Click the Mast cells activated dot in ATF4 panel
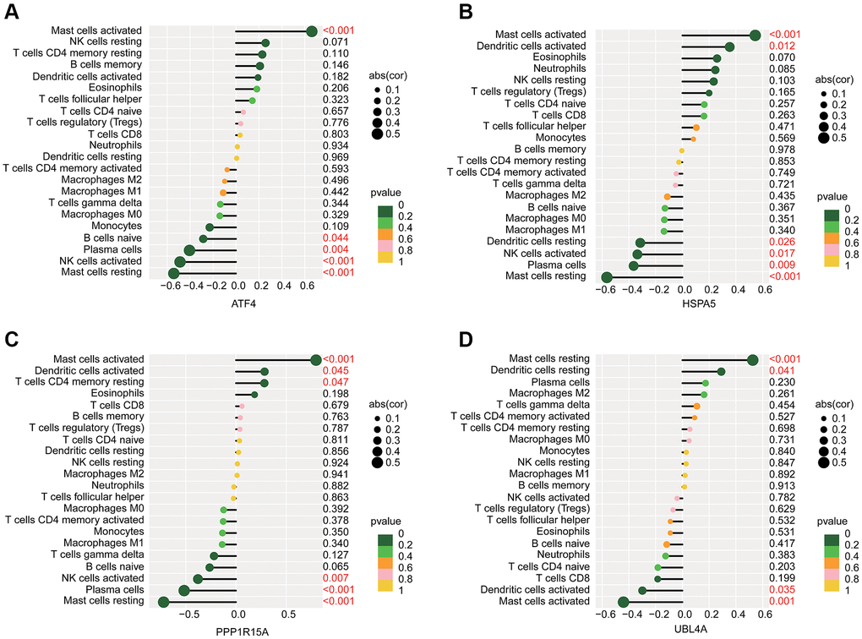[x=311, y=30]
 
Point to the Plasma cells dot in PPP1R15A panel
[x=184, y=589]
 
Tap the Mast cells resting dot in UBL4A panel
[x=753, y=359]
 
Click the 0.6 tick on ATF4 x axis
[x=306, y=286]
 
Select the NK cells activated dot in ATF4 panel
[x=179, y=262]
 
